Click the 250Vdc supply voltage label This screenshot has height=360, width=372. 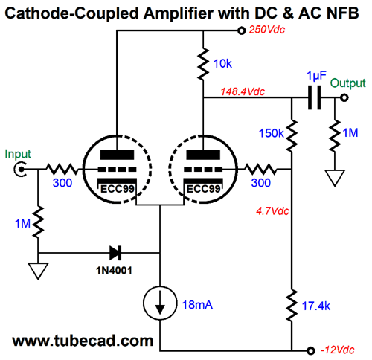coord(267,30)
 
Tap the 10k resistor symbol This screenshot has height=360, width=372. coord(203,64)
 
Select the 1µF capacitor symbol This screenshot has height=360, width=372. coord(314,97)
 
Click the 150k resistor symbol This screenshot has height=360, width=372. coord(292,135)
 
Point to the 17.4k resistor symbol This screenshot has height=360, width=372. coord(292,306)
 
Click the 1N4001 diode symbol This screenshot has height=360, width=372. coord(115,253)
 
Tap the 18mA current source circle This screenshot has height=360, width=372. coord(160,303)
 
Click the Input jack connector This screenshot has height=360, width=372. coord(20,170)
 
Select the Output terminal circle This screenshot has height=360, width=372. coord(344,97)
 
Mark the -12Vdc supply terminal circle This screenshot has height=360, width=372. coord(310,350)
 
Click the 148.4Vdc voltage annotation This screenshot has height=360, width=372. coord(243,91)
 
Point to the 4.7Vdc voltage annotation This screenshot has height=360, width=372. coord(272,211)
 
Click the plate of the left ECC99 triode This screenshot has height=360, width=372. coord(117,155)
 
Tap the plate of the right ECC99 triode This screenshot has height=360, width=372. coord(203,155)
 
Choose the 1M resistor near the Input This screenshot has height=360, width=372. coord(38,222)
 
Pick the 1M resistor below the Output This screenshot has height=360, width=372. coord(335,135)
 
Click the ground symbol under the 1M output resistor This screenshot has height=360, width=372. coord(335,178)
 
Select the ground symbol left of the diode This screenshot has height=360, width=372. coord(38,271)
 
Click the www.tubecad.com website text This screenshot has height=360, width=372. coord(83,341)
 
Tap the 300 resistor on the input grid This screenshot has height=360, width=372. coord(62,170)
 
